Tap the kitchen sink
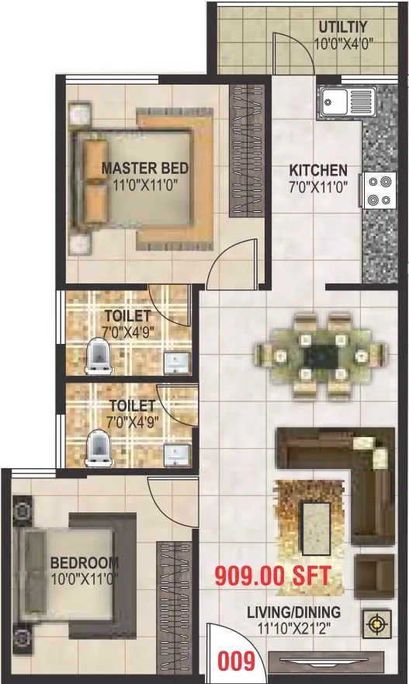coord(346,100)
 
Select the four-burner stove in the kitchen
coord(377,190)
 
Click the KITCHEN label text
coord(318,170)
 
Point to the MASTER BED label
coord(145,168)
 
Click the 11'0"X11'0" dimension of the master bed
coord(145,185)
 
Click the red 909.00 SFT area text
coord(273,577)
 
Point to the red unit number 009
coord(237,661)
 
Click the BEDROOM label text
coord(85,562)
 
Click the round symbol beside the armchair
coord(376,623)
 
